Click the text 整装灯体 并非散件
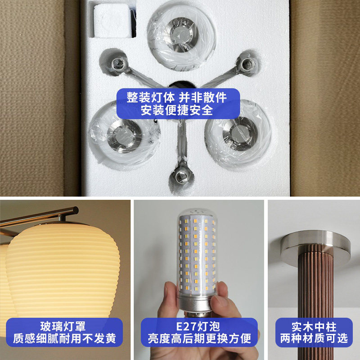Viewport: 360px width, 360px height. click(x=177, y=97)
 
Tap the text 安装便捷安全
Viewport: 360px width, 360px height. click(x=177, y=110)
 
